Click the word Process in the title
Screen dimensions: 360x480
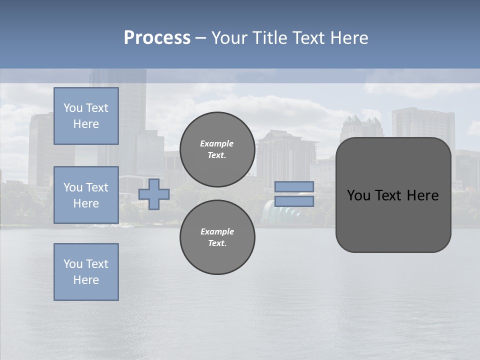click(157, 38)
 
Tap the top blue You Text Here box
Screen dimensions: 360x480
click(86, 116)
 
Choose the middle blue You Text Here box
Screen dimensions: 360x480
click(86, 195)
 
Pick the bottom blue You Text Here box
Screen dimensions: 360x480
click(86, 272)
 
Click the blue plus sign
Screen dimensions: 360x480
click(154, 194)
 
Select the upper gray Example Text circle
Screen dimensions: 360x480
click(217, 149)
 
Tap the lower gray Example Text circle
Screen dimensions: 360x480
click(217, 237)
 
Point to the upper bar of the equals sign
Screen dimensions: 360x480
click(294, 186)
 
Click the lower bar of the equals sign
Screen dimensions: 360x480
click(294, 201)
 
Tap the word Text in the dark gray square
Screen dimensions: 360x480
click(389, 195)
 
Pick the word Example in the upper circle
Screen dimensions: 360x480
click(217, 143)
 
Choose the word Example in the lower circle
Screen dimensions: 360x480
click(217, 231)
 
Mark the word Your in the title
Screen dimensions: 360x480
click(228, 38)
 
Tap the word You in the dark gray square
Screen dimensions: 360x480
click(358, 195)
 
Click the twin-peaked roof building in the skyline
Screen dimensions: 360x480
click(361, 127)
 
